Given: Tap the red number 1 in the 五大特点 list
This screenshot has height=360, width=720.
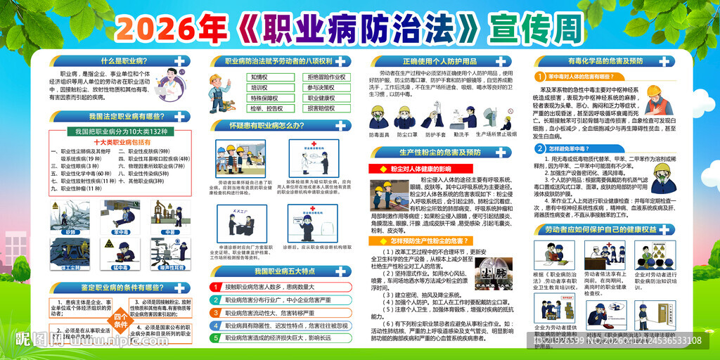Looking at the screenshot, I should click(217, 287).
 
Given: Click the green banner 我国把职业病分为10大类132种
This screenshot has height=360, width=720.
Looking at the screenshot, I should click(120, 131).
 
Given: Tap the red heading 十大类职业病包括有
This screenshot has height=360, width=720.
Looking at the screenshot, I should click(120, 141).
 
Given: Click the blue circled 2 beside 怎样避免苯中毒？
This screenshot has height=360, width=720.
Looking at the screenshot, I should click(539, 148).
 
